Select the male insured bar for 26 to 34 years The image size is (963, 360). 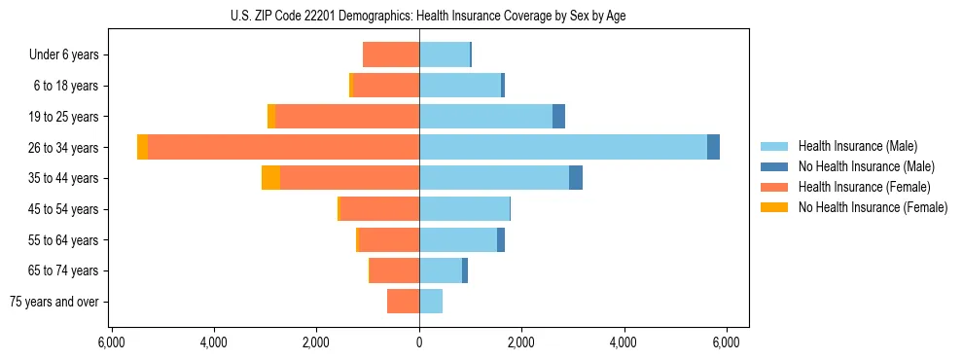(562, 147)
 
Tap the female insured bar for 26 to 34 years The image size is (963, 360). (283, 147)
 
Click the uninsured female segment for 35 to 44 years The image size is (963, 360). (270, 178)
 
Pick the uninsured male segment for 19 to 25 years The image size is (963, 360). (558, 117)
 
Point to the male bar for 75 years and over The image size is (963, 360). (431, 302)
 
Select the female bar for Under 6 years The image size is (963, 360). (391, 54)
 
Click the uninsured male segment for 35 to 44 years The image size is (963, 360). (576, 178)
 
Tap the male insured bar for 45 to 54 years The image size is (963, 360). (464, 209)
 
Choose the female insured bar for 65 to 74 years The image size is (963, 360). (394, 270)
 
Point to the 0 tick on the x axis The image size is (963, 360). (419, 342)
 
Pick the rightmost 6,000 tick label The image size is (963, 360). (726, 342)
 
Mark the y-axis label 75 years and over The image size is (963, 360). (54, 302)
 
